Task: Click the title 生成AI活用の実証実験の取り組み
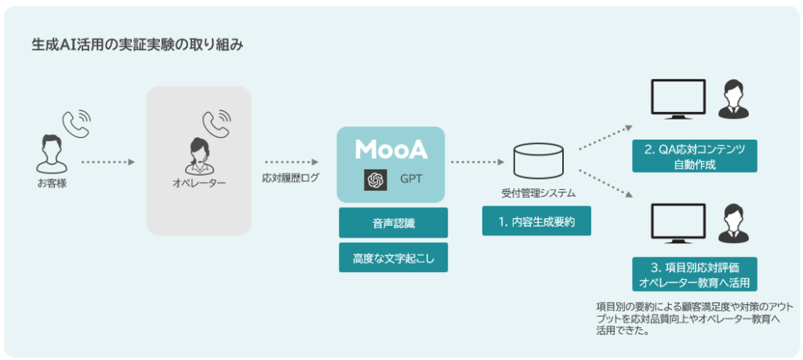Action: [x=137, y=45]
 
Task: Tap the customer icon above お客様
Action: [x=52, y=153]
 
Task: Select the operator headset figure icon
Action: [x=198, y=155]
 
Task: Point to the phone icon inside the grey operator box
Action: [x=216, y=123]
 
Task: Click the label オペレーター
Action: [x=198, y=183]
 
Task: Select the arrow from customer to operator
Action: [x=108, y=162]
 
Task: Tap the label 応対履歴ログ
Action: [x=290, y=179]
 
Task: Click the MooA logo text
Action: [x=391, y=148]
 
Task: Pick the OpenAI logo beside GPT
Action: [x=375, y=180]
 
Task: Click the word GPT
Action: [x=411, y=180]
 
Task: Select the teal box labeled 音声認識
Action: [x=394, y=223]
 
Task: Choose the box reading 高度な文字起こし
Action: [x=394, y=257]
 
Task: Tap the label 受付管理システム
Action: [x=539, y=194]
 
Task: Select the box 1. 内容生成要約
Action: [x=536, y=221]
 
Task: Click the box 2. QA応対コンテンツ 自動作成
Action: [x=695, y=156]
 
